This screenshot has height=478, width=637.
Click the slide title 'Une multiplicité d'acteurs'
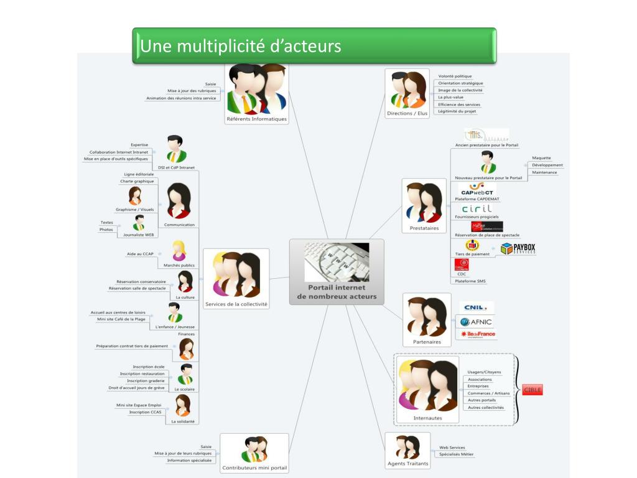[241, 46]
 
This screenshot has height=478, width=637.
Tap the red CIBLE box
[532, 390]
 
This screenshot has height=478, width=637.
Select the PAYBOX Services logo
[518, 249]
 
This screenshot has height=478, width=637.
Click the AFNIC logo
[477, 322]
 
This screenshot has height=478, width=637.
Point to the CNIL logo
[477, 307]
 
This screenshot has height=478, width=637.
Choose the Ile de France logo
[478, 334]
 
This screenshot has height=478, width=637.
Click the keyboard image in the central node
[337, 262]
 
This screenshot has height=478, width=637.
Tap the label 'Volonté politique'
[455, 77]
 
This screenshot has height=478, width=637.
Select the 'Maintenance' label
[544, 172]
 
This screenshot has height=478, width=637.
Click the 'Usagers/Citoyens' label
[484, 372]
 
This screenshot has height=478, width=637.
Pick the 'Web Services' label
[452, 448]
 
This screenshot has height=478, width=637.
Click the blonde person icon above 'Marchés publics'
[179, 250]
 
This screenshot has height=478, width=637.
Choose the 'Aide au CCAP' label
[140, 254]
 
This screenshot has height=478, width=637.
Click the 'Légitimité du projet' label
[457, 111]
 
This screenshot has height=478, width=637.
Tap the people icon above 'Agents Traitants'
[408, 447]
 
